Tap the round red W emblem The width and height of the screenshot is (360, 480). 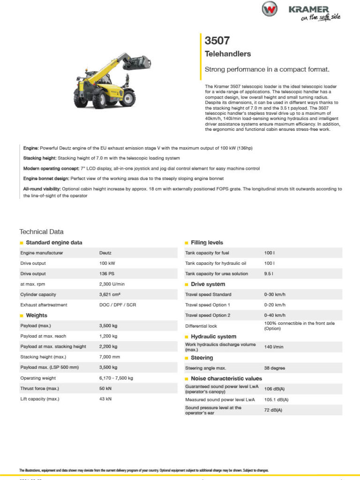pyautogui.click(x=270, y=9)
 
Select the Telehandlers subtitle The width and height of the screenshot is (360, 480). pyautogui.click(x=228, y=54)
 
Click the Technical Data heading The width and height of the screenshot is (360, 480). pyautogui.click(x=41, y=232)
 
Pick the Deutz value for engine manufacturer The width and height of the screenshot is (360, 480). pyautogui.click(x=105, y=253)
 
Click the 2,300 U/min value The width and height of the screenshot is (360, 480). pyautogui.click(x=111, y=284)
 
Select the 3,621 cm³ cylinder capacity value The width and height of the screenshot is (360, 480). pyautogui.click(x=111, y=294)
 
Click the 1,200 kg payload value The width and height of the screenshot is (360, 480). pyautogui.click(x=108, y=336)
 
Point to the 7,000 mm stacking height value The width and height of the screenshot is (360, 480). pyautogui.click(x=110, y=357)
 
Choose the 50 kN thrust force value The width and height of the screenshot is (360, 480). pyautogui.click(x=105, y=389)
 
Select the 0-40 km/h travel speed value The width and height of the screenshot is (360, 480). pyautogui.click(x=275, y=315)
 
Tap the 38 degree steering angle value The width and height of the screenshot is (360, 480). pyautogui.click(x=275, y=368)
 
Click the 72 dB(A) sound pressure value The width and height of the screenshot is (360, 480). pyautogui.click(x=273, y=410)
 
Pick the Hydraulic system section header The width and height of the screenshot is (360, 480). pyautogui.click(x=213, y=337)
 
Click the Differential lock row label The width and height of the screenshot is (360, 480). pyautogui.click(x=202, y=326)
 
